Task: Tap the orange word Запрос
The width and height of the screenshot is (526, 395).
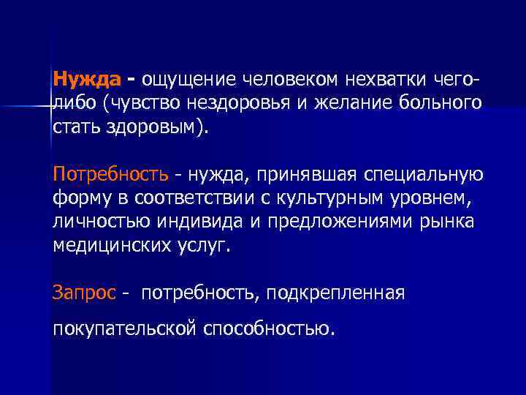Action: coord(84,293)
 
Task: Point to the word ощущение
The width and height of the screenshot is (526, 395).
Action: coord(188,78)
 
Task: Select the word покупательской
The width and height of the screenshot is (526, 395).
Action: coord(125,328)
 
